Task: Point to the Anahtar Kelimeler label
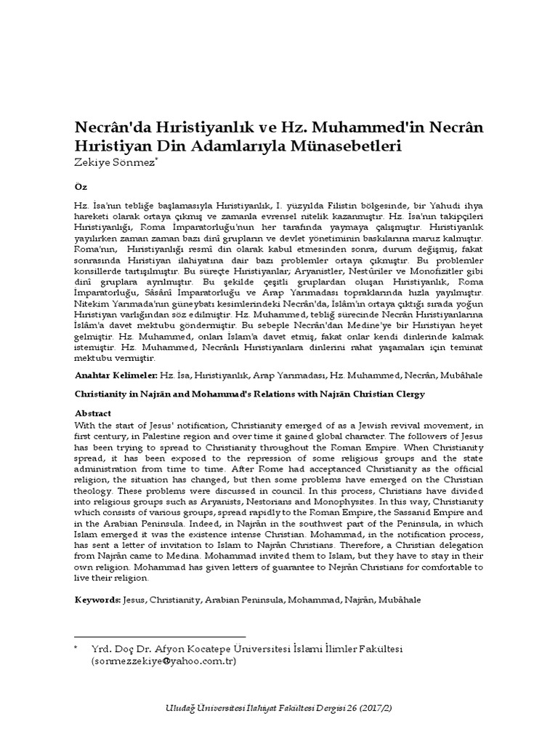116,375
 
